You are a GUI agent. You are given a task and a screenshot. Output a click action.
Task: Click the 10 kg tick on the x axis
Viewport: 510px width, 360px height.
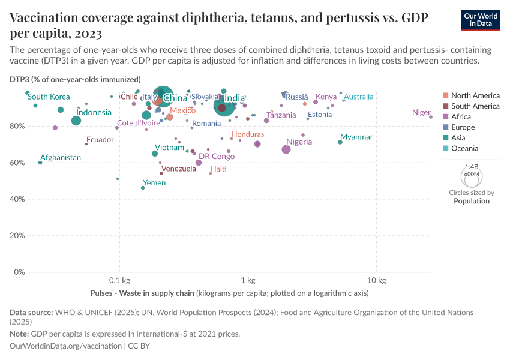pos(376,281)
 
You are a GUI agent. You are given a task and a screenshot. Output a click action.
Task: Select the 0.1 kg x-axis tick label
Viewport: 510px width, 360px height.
pos(119,281)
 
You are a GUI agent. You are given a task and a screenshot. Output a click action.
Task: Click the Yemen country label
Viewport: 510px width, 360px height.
pos(154,183)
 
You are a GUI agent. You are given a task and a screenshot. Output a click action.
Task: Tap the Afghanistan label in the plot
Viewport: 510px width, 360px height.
pos(61,158)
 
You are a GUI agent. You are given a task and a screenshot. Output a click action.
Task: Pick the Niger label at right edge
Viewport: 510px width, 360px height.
pos(422,112)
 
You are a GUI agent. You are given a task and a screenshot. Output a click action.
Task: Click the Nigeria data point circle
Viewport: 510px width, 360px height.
pos(286,149)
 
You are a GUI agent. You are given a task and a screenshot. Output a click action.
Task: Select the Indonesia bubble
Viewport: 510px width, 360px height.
pos(76,121)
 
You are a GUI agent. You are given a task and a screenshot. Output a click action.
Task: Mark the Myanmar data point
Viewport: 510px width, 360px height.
pos(340,142)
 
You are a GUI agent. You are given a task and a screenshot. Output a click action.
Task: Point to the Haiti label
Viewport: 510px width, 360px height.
pos(218,169)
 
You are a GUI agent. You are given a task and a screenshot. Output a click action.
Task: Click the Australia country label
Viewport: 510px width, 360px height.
pos(359,97)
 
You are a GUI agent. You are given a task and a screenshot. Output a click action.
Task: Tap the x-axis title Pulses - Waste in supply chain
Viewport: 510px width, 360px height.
pos(142,293)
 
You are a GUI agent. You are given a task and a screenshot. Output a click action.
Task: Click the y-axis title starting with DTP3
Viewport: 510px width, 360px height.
pos(75,79)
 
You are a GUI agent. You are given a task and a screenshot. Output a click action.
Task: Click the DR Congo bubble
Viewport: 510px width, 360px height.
pos(199,163)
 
